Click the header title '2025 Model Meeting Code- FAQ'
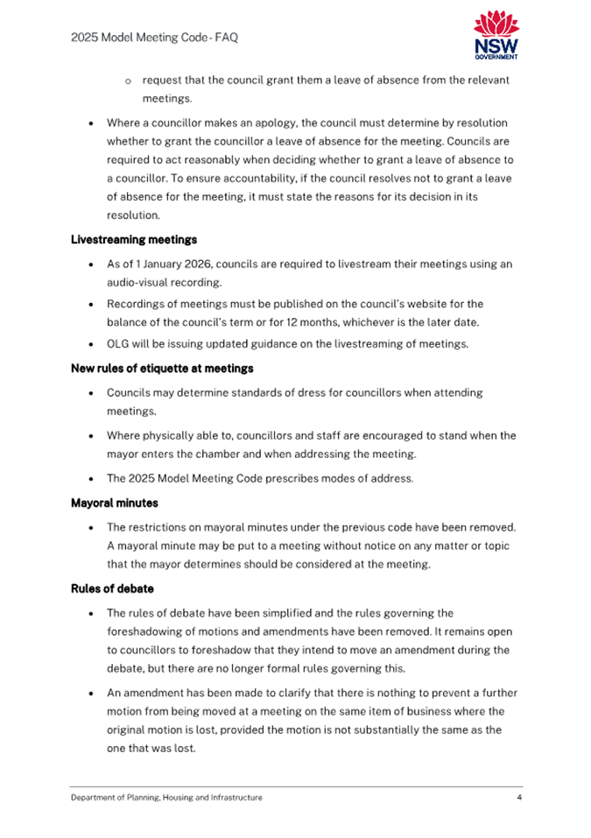(x=154, y=38)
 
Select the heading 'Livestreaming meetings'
(x=134, y=239)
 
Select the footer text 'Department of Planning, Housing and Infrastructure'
(x=166, y=798)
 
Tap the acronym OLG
(x=120, y=343)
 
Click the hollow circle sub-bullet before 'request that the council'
(x=128, y=81)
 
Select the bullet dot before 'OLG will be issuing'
(x=92, y=344)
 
